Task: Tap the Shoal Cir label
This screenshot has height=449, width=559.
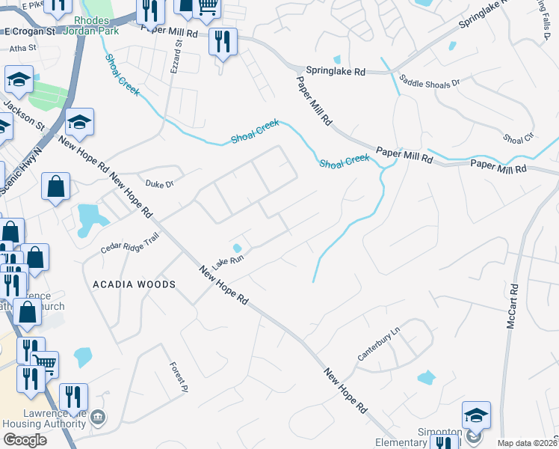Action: pyautogui.click(x=519, y=139)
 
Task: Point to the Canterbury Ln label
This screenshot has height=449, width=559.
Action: pyautogui.click(x=379, y=344)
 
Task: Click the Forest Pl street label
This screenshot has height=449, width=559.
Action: pyautogui.click(x=177, y=373)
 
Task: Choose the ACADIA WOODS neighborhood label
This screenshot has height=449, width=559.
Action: pyautogui.click(x=134, y=284)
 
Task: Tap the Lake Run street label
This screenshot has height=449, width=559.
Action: pyautogui.click(x=228, y=261)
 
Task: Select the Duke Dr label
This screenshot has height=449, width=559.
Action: pyautogui.click(x=159, y=183)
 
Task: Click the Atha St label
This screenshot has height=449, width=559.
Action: pyautogui.click(x=23, y=47)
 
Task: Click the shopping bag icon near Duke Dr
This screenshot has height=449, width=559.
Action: pyautogui.click(x=56, y=187)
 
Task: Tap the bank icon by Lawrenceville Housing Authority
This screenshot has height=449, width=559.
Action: pyautogui.click(x=98, y=416)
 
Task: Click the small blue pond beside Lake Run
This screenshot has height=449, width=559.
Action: pyautogui.click(x=237, y=248)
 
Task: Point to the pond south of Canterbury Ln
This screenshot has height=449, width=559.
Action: pyautogui.click(x=426, y=378)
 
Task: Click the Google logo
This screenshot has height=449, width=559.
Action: pyautogui.click(x=25, y=440)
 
